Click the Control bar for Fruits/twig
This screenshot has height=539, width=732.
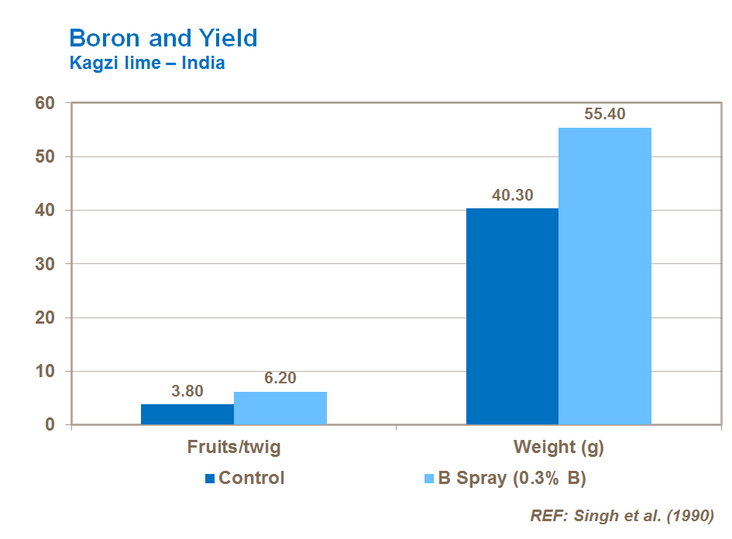(187, 414)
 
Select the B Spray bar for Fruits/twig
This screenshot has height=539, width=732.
(280, 408)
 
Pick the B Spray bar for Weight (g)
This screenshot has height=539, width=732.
(605, 276)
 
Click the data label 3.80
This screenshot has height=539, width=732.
(187, 392)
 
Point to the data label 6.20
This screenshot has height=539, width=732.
(280, 379)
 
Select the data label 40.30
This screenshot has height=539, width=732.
(512, 196)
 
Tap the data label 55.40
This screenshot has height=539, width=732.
(605, 115)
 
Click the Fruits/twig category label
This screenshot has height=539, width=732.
(234, 448)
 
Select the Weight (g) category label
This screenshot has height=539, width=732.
(558, 448)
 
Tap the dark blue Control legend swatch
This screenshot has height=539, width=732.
(209, 479)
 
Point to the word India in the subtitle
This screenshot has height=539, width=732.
(203, 64)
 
